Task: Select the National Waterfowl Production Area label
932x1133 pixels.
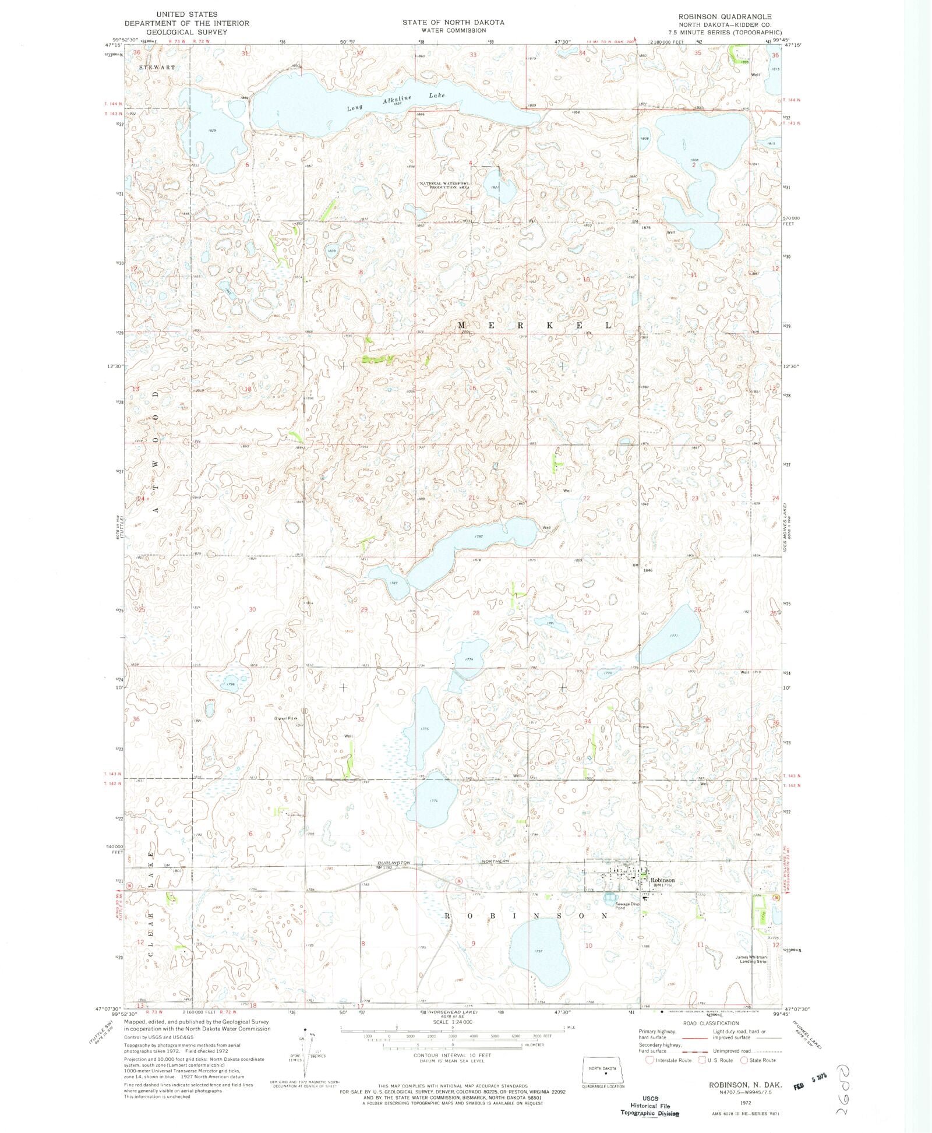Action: pyautogui.click(x=445, y=186)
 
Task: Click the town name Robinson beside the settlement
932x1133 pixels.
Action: pyautogui.click(x=662, y=880)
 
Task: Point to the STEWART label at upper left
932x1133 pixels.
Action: pyautogui.click(x=157, y=68)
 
